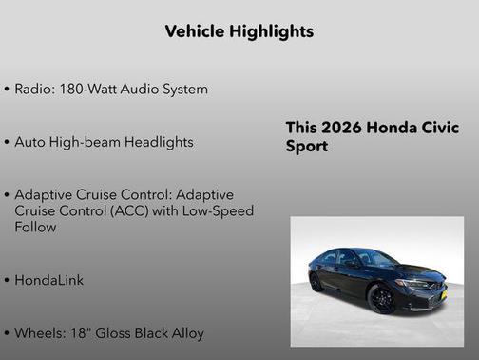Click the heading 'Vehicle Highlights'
click(x=239, y=31)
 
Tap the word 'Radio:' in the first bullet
click(x=36, y=90)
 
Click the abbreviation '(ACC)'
click(x=147, y=211)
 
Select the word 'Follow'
click(x=36, y=228)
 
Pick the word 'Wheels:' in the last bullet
click(x=41, y=333)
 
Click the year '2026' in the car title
click(x=343, y=129)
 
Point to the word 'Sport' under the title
click(x=307, y=148)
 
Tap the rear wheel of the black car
click(x=316, y=283)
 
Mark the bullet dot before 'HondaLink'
click(x=7, y=282)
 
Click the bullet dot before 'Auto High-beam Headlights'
click(x=7, y=143)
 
